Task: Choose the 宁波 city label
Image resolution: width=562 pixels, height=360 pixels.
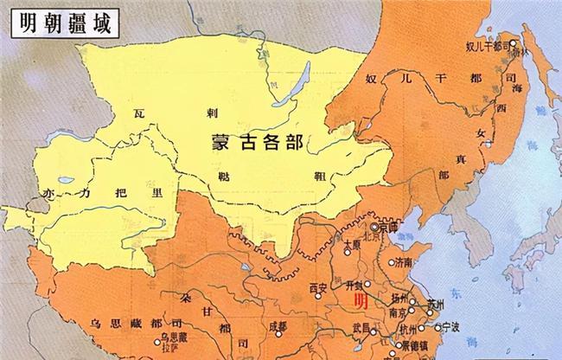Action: pyautogui.click(x=450, y=326)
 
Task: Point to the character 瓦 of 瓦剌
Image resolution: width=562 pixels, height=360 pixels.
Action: pyautogui.click(x=140, y=113)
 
